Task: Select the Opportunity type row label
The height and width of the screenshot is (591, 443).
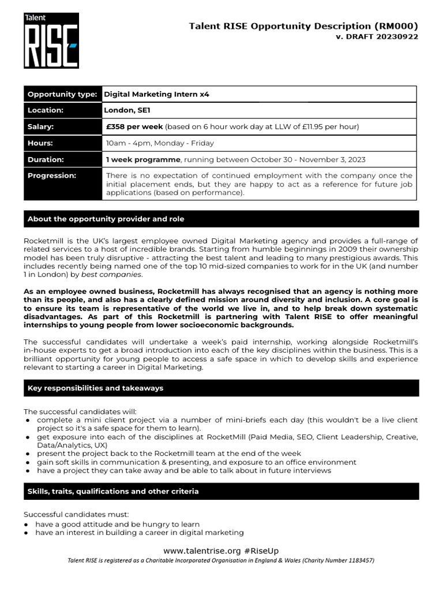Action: (x=62, y=94)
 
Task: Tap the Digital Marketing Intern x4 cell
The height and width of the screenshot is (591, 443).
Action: (x=156, y=94)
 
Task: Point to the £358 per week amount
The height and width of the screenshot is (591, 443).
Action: (x=135, y=126)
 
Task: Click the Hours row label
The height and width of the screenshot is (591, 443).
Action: (x=40, y=143)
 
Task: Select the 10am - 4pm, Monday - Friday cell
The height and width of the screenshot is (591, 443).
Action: (x=160, y=143)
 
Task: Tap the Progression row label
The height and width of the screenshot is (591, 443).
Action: (x=52, y=175)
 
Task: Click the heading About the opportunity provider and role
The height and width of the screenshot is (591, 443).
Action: (x=106, y=219)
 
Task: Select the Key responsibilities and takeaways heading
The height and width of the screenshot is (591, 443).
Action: (x=95, y=388)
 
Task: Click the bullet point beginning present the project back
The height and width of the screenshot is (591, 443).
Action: (x=168, y=454)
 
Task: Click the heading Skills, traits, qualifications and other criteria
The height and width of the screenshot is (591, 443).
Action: (x=113, y=491)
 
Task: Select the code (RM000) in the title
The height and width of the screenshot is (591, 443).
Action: (x=396, y=25)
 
